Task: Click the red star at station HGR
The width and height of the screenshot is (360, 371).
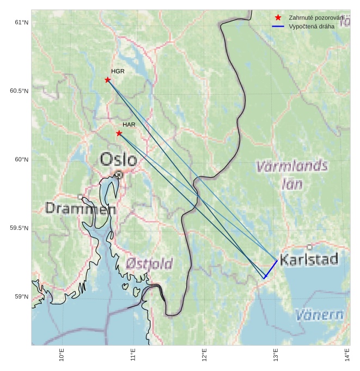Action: point(107,80)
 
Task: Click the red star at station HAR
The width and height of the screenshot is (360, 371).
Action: point(119,133)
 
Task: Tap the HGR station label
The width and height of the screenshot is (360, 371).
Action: point(118,71)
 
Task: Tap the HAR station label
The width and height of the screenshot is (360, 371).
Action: point(129,125)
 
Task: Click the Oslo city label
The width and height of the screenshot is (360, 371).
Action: point(119,160)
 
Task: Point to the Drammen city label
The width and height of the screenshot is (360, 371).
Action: point(80,208)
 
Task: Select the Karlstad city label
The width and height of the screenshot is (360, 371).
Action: point(309,259)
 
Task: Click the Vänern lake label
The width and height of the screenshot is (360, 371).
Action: point(320,315)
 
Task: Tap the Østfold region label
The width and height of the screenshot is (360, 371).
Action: point(149,264)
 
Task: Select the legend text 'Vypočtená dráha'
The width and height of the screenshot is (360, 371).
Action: point(312,26)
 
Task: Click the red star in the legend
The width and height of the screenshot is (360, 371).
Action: point(278,18)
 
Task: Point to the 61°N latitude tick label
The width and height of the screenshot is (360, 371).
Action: point(21,22)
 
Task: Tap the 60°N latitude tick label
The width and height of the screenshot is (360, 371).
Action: point(21,160)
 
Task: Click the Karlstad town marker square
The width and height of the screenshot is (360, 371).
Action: point(310,247)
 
